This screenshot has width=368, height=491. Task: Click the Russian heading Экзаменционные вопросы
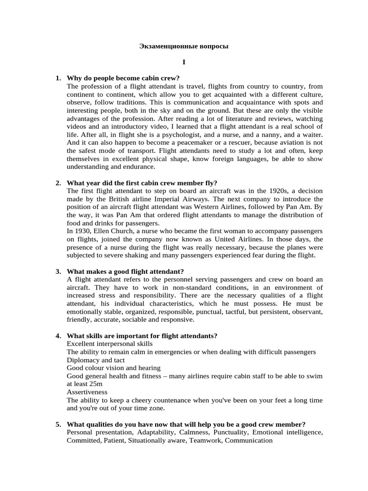tap(184, 47)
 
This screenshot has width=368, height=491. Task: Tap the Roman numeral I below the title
tap(184, 62)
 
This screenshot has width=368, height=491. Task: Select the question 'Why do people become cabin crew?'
tap(123, 78)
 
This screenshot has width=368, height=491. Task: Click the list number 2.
tap(58, 183)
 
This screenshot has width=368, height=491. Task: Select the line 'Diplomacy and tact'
tap(96, 360)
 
